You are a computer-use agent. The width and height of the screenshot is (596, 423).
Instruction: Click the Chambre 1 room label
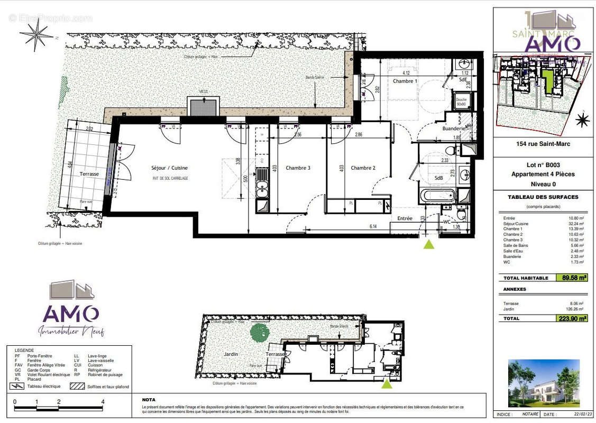click(405, 81)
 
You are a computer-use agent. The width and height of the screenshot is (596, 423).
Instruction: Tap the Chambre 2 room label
click(363, 168)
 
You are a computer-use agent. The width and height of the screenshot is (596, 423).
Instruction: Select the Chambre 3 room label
click(298, 168)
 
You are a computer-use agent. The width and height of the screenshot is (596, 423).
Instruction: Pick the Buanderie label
click(453, 128)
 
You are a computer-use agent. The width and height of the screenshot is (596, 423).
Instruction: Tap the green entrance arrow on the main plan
click(429, 244)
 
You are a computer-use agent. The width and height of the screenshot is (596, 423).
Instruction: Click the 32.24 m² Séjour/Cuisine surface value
click(575, 223)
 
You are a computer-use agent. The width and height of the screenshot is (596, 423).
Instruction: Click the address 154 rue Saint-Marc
click(543, 144)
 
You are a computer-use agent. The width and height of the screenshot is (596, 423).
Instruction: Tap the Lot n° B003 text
click(543, 164)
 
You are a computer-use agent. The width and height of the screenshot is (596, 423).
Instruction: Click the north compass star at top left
click(36, 35)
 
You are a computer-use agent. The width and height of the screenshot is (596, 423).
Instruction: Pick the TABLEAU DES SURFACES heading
click(543, 197)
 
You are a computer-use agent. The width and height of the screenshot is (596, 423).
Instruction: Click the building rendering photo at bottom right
click(543, 383)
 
